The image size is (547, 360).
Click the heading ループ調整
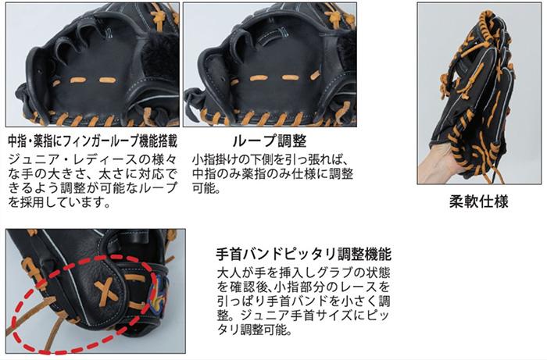click(270, 141)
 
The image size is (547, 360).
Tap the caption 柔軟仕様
click(478, 201)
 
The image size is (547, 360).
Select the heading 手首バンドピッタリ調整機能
click(303, 255)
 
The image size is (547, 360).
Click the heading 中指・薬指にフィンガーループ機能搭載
click(93, 141)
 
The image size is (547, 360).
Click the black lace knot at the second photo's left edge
click(193, 98)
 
